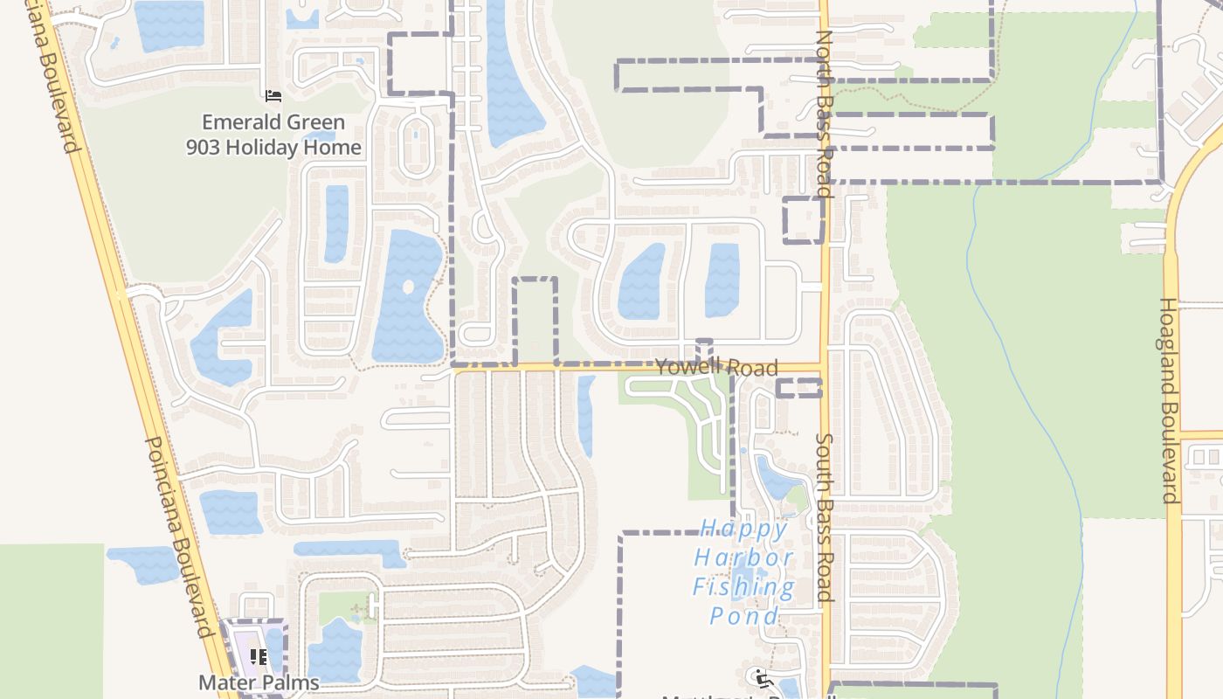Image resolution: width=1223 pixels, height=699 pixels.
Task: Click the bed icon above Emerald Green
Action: click(273, 95)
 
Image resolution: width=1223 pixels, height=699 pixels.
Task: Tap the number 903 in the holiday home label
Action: click(205, 148)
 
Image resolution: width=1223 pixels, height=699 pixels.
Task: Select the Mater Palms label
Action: click(259, 682)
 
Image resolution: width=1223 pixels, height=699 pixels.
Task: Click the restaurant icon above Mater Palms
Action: click(259, 656)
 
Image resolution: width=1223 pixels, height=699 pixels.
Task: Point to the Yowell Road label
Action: click(716, 367)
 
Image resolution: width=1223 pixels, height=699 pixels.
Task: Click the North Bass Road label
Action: click(824, 114)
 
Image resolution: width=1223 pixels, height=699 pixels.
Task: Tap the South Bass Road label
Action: click(825, 517)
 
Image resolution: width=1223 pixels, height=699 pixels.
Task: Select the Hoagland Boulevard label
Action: click(1169, 400)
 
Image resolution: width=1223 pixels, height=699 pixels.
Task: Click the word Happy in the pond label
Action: click(744, 529)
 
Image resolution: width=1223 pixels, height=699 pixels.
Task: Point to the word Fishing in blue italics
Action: click(744, 586)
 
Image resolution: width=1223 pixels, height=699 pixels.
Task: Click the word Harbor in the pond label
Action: click(744, 557)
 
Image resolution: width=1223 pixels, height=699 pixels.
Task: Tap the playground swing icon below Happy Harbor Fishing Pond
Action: click(760, 677)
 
